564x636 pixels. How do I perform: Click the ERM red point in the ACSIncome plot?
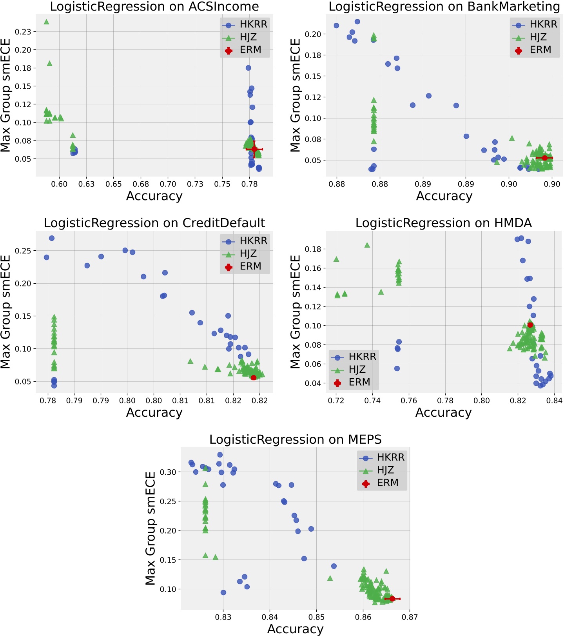254,149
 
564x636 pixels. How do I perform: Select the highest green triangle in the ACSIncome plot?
46,22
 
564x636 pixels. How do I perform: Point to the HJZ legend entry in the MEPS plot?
385,470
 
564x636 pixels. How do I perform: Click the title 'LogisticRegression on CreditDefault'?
154,223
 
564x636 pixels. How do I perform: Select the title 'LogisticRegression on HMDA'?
443,223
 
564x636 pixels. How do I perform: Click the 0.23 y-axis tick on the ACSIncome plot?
23,32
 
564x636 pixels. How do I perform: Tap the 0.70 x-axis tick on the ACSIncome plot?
168,184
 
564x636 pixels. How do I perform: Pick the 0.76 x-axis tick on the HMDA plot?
409,401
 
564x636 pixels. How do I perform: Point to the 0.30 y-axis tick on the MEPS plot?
169,472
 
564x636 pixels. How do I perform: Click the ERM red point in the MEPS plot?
392,599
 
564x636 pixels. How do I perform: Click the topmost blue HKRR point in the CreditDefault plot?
51,238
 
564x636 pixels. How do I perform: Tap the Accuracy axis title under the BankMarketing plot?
444,196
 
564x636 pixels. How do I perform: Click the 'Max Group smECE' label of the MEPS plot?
151,528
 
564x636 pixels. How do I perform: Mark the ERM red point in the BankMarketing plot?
544,158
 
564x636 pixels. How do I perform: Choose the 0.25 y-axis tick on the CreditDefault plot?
23,251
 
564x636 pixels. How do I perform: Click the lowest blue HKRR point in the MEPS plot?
223,592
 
